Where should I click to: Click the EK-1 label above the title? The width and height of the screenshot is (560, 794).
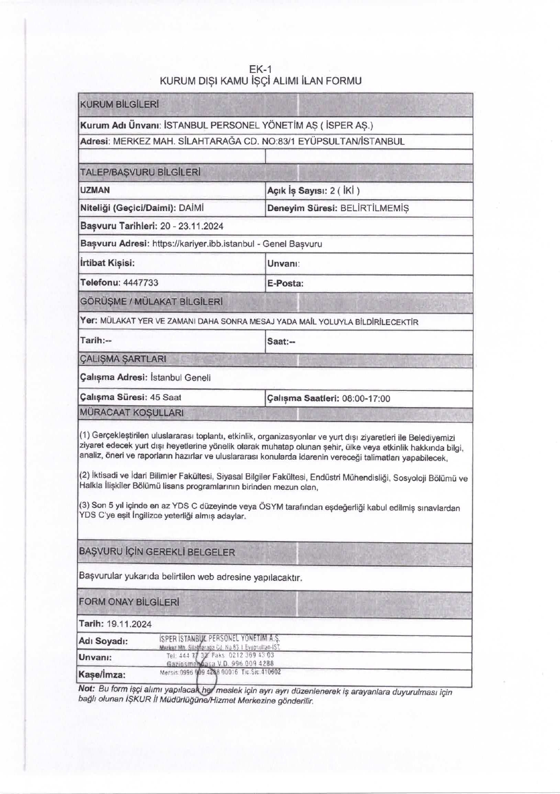tap(260, 69)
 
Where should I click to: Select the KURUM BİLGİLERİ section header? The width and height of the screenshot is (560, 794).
tap(119, 105)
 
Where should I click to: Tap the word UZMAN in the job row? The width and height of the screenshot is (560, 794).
tap(95, 190)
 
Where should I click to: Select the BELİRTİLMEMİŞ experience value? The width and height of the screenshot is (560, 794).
tap(374, 208)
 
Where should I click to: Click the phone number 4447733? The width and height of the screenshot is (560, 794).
tap(141, 283)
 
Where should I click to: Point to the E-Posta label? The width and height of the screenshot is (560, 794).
tap(285, 284)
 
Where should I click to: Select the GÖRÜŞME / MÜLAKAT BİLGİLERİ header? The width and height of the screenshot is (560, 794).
tap(151, 301)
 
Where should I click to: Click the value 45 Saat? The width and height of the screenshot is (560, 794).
tap(166, 397)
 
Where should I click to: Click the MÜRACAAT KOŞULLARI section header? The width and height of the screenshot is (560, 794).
tap(131, 413)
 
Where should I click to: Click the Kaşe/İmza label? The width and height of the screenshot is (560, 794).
tap(102, 675)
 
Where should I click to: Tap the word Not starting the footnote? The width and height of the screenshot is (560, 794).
tap(86, 689)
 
